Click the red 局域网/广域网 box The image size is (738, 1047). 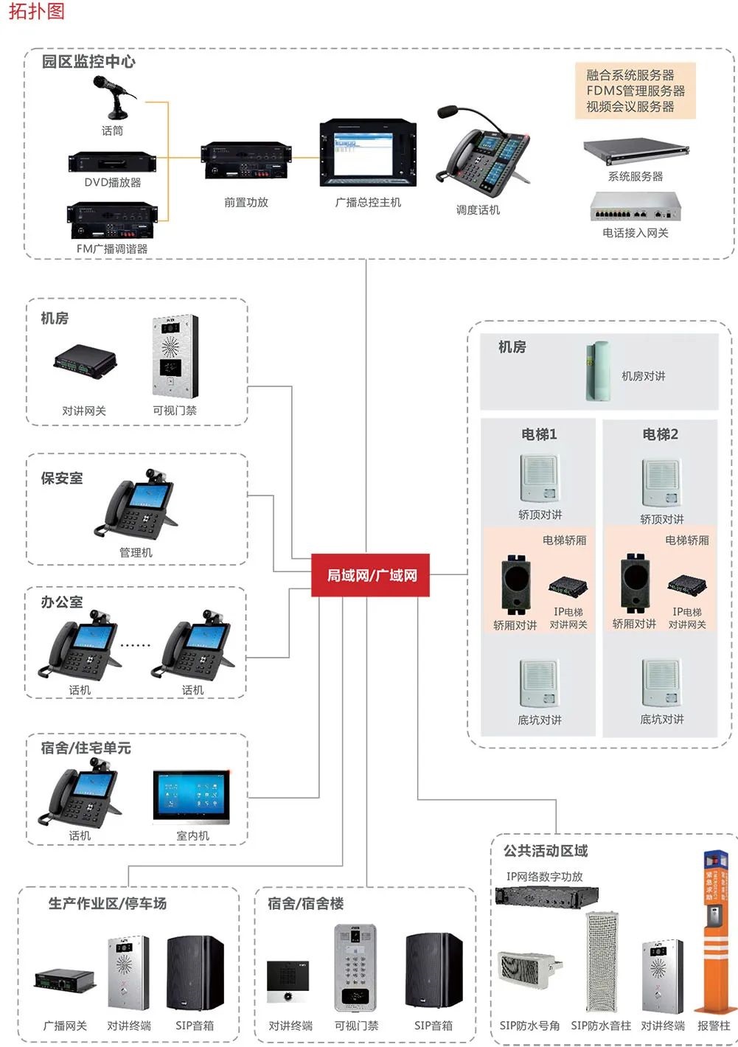[372, 575]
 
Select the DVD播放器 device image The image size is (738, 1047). [112, 164]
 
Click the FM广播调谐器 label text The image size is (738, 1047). [112, 249]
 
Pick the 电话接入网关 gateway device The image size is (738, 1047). [635, 206]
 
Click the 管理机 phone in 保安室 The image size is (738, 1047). [136, 506]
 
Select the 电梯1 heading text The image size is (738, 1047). [539, 434]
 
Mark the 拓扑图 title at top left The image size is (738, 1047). [35, 11]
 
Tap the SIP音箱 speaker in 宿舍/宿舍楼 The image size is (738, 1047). [434, 971]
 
